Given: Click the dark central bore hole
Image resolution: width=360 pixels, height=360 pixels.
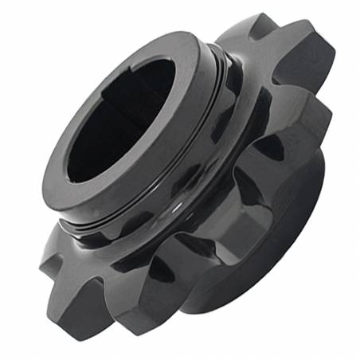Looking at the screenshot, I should [119, 119].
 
